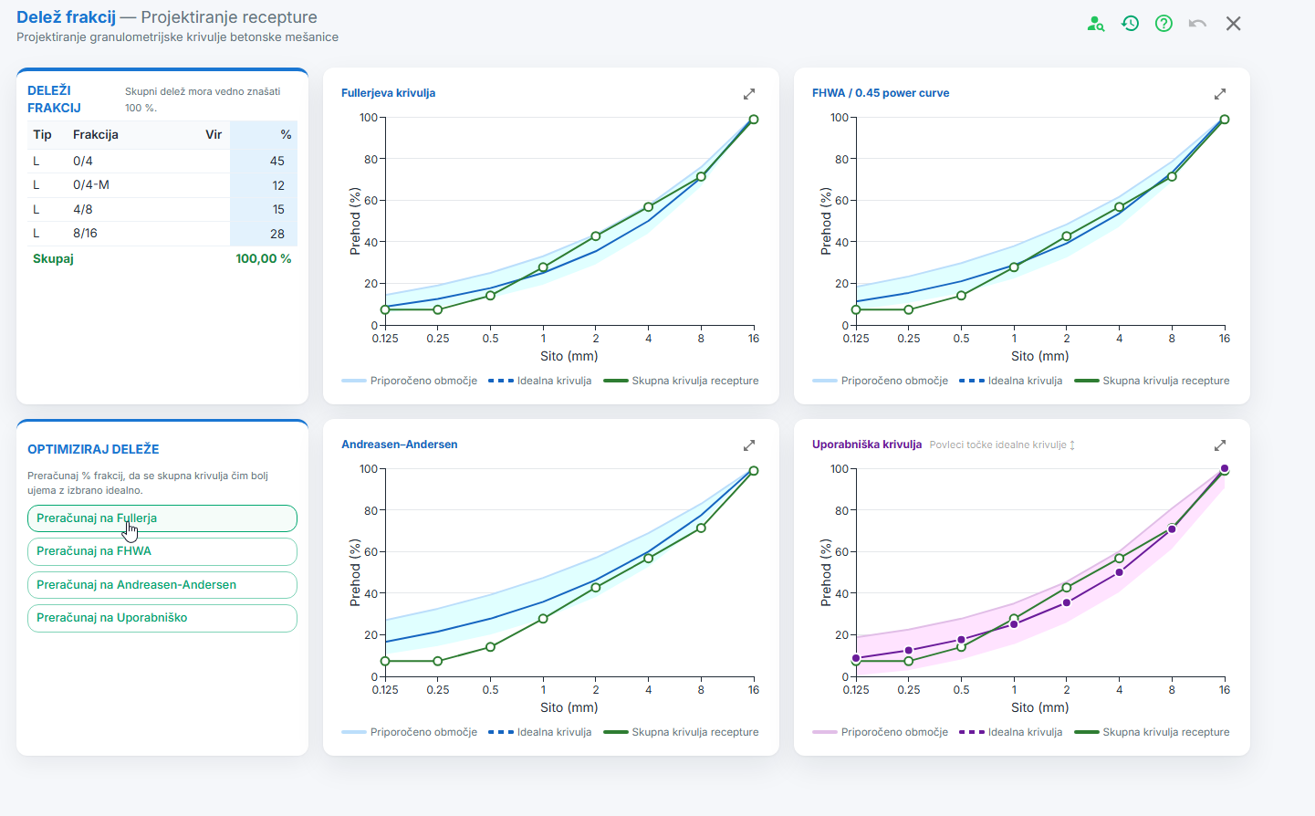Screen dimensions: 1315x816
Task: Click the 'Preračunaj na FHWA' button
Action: (162, 551)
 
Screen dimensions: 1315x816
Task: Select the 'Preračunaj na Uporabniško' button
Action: (162, 618)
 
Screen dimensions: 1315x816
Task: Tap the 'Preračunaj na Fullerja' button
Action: (162, 518)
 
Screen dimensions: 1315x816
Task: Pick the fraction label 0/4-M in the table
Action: (91, 185)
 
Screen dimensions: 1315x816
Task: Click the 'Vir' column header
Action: (214, 134)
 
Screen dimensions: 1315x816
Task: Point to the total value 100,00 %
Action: (264, 259)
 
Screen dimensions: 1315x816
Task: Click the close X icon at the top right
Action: (1234, 24)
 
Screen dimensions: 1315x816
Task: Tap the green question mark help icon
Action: (1164, 24)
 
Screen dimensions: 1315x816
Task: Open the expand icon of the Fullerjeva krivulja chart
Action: (749, 94)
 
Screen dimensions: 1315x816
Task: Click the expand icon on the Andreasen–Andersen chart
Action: (749, 445)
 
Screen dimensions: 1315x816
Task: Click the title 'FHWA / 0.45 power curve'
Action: (881, 93)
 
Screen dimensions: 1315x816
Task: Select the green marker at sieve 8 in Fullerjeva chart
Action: (701, 177)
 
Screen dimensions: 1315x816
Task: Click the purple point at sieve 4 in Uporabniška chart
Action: (1120, 572)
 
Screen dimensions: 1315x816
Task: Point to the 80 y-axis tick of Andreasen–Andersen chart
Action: (371, 511)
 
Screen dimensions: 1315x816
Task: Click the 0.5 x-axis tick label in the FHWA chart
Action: (961, 338)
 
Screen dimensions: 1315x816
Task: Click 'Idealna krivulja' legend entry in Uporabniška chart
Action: (1011, 732)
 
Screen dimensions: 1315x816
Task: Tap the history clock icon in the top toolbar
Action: (1130, 24)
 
